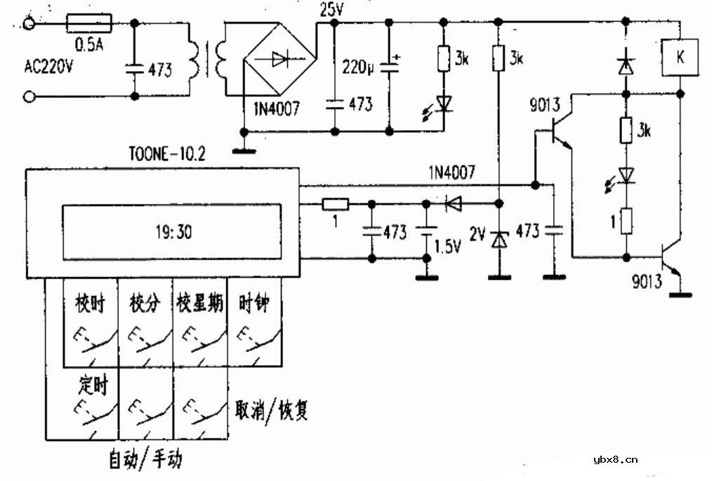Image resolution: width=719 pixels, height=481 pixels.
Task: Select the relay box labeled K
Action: point(680,58)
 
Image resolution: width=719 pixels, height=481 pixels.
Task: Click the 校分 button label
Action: point(145,304)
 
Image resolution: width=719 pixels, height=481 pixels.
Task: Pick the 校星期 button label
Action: point(200,304)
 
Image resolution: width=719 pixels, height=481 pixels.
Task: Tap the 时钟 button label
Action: point(253,304)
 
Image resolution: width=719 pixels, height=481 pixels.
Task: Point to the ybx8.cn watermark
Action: point(616,461)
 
